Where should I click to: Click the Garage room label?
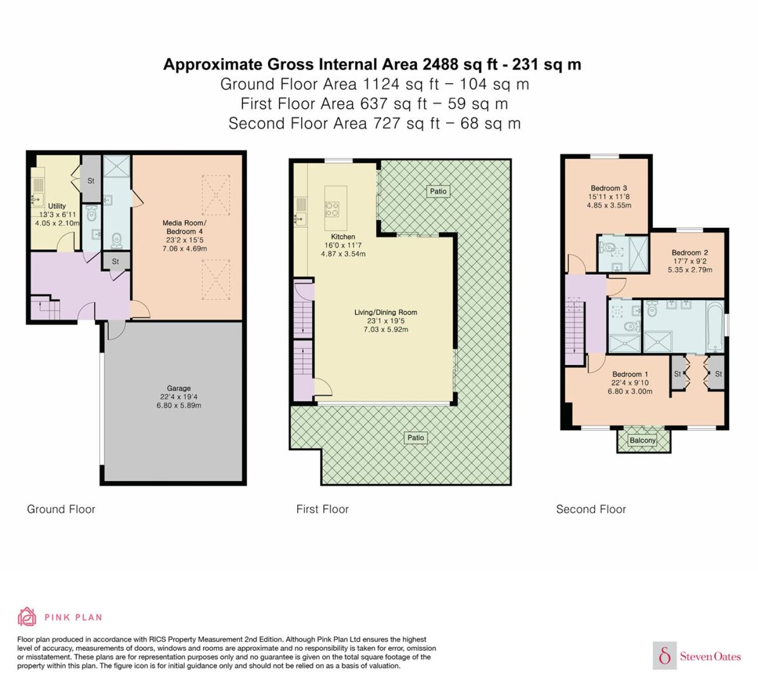point(179,388)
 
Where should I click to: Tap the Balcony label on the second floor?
point(642,440)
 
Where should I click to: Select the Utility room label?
point(57,206)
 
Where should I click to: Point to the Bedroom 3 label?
point(609,188)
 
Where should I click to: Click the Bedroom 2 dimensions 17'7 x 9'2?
point(690,261)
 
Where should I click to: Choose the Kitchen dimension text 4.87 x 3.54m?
point(343,254)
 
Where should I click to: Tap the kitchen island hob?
point(332,209)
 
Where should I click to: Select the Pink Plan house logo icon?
point(27,617)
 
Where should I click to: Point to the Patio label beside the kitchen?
point(438,191)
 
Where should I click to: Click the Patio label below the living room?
point(415,437)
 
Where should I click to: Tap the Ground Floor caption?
point(61,509)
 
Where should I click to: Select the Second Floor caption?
point(591,509)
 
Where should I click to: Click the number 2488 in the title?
point(440,64)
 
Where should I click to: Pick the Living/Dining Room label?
point(385,312)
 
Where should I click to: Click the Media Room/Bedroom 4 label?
point(185,227)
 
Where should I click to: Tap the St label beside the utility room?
point(90,181)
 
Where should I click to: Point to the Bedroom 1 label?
point(630,374)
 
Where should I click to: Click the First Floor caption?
point(322,509)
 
